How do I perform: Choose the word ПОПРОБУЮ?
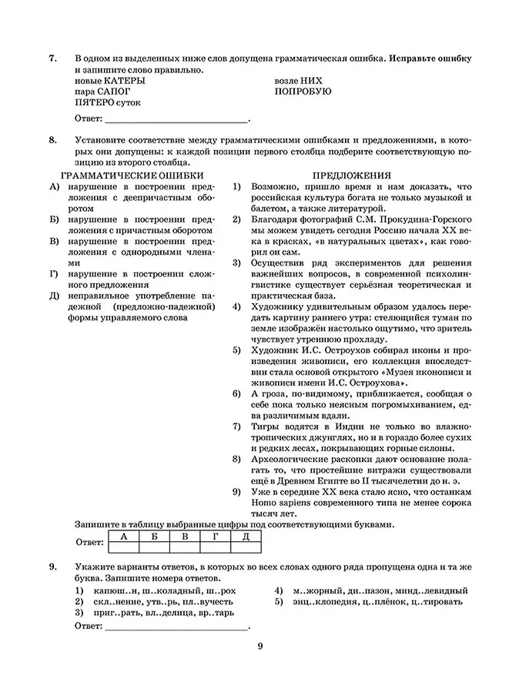coord(303,92)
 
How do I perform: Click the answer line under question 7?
coord(176,121)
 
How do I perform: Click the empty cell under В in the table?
coord(185,547)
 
